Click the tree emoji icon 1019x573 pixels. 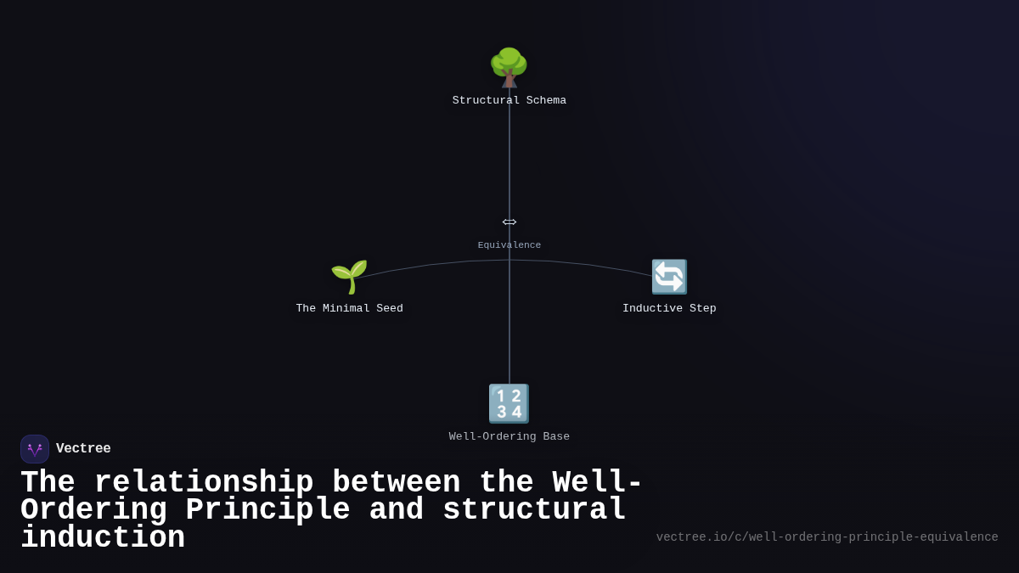point(509,67)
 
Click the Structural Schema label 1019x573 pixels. point(509,100)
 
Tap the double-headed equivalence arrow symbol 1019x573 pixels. point(509,222)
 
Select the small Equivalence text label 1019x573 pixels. point(509,245)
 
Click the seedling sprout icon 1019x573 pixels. point(349,277)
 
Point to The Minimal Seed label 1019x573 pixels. point(349,308)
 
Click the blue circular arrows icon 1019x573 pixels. point(669,277)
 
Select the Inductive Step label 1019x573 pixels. point(669,308)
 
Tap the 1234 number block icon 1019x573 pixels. point(509,403)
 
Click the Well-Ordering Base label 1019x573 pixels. point(509,436)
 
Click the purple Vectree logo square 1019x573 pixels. point(35,449)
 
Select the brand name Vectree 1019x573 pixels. point(83,449)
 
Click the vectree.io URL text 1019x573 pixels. point(826,537)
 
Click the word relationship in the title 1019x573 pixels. point(204,482)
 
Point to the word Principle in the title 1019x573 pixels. point(267,510)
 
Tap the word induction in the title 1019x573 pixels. point(103,538)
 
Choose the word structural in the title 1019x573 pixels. point(534,510)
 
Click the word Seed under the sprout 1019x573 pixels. point(386,308)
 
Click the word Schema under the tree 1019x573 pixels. point(546,100)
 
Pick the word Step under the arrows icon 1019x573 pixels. point(702,308)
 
